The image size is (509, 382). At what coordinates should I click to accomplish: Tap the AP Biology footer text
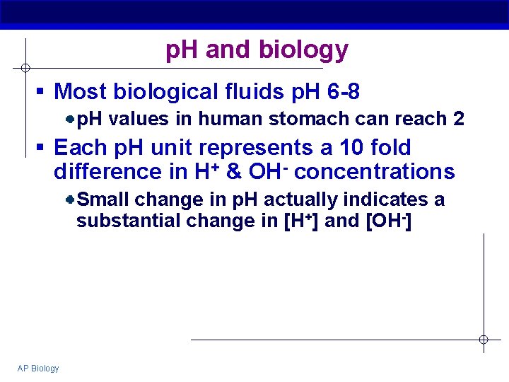tap(39, 368)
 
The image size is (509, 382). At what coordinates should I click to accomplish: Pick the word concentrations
tap(375, 172)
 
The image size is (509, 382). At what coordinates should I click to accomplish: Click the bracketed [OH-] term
tap(390, 221)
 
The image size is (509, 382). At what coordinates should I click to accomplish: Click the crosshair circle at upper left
tap(25, 68)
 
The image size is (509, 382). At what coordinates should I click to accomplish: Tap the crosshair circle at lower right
tap(484, 340)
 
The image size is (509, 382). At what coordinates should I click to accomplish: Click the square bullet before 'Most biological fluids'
tap(42, 92)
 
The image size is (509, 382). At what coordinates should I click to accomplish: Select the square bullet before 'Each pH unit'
tap(42, 149)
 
